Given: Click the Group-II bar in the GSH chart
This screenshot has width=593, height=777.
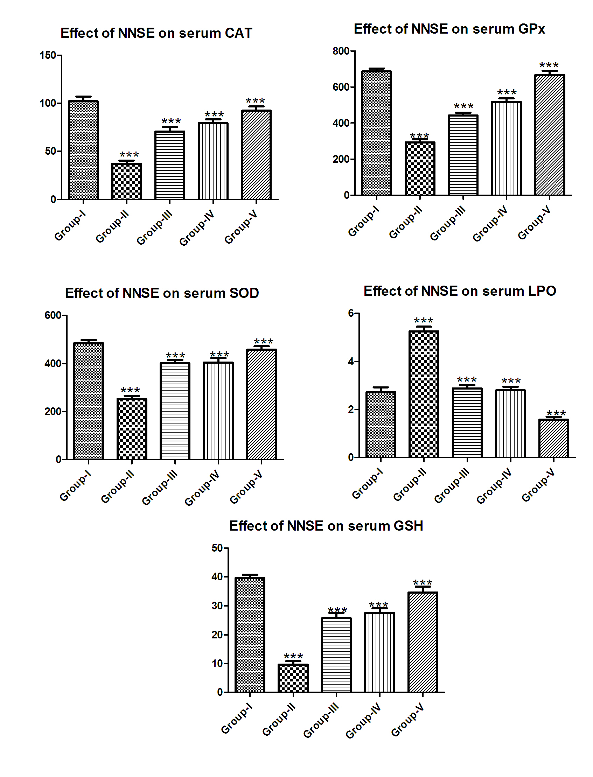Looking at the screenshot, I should click(293, 678).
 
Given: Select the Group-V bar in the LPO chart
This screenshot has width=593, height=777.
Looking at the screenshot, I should click(553, 438).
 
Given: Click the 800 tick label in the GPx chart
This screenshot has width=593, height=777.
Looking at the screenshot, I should click(341, 51).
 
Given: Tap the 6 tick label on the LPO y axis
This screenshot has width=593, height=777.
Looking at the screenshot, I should click(351, 313).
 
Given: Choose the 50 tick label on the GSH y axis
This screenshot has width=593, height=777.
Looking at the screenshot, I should click(217, 548).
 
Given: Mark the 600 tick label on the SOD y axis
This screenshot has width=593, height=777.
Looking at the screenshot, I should click(53, 315).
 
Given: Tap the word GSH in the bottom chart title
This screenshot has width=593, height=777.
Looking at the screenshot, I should click(409, 526).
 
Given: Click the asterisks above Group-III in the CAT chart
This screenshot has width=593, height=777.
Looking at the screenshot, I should click(171, 121).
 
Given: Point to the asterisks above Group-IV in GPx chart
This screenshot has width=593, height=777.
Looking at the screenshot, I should click(507, 92).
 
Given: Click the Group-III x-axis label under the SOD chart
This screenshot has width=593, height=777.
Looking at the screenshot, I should click(160, 488).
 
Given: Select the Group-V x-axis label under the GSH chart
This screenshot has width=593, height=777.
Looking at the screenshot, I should click(408, 720).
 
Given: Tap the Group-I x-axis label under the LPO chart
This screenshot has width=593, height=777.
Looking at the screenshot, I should click(367, 484).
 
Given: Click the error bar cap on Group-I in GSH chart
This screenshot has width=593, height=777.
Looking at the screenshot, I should click(250, 575).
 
